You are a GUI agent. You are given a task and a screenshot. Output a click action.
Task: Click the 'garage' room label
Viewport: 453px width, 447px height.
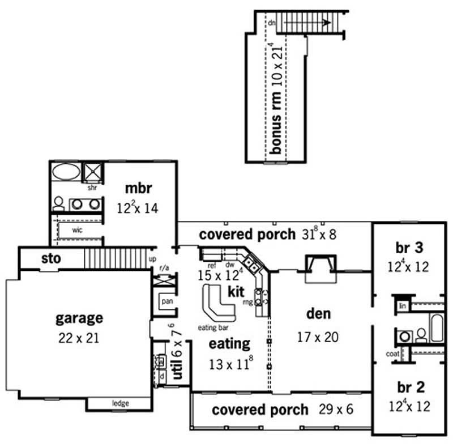79,318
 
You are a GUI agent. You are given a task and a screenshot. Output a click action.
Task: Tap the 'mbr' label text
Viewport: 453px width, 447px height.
138,189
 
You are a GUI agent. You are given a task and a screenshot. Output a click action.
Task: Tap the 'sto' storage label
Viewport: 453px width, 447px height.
51,259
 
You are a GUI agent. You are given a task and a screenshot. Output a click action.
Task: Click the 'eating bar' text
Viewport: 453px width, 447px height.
212,328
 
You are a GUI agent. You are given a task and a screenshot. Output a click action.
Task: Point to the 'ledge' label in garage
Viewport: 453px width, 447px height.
120,403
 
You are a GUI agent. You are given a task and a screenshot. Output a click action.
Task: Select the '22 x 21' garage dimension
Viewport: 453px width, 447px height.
79,338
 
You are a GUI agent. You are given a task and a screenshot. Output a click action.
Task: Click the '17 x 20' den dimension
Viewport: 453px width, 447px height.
318,337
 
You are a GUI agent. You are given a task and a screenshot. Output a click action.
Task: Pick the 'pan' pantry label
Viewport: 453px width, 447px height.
167,301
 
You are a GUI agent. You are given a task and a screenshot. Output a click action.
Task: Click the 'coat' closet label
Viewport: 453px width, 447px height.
392,354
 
